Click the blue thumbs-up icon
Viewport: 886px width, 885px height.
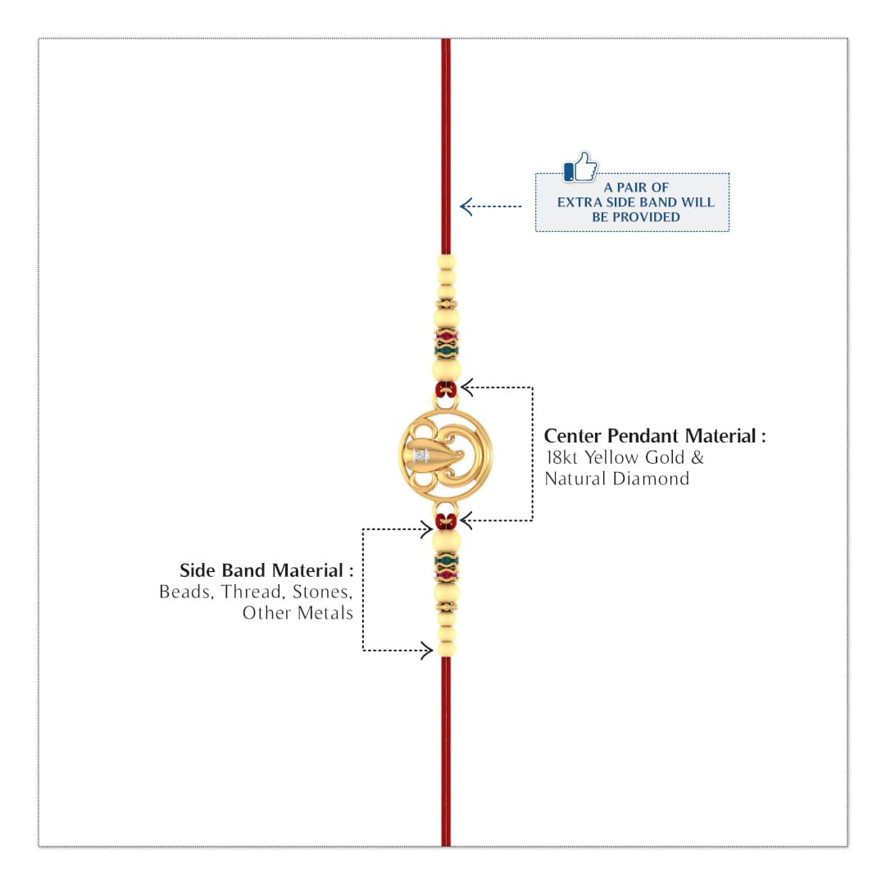click(580, 166)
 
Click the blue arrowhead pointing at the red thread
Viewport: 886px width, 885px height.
click(466, 206)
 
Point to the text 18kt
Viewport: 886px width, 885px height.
click(561, 457)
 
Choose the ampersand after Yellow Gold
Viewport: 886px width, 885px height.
click(697, 457)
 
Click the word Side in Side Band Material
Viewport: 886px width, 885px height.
click(198, 570)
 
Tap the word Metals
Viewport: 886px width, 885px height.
click(325, 613)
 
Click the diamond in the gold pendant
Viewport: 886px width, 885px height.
click(420, 456)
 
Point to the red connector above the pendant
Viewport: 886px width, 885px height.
click(446, 389)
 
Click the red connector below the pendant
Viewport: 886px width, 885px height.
click(446, 521)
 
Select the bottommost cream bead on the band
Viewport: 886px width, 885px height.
click(446, 650)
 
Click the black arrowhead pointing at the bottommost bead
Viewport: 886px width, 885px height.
click(427, 651)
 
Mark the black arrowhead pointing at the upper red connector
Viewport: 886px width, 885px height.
click(467, 388)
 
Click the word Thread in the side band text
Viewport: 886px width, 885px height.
click(252, 592)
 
